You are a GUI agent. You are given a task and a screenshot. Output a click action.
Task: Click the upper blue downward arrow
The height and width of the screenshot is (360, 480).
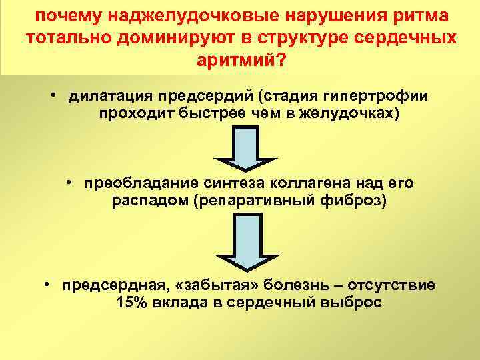click(245, 149)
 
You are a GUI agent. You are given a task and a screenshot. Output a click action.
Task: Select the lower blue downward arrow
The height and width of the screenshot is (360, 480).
click(245, 246)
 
